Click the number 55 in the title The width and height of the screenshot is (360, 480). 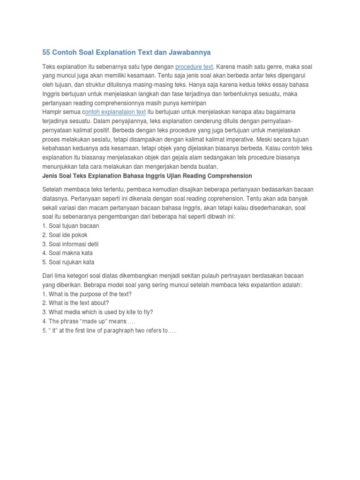46,52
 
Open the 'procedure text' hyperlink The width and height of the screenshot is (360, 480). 194,67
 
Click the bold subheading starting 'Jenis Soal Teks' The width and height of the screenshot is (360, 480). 147,176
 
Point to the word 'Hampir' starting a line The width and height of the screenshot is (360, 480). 52,112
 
